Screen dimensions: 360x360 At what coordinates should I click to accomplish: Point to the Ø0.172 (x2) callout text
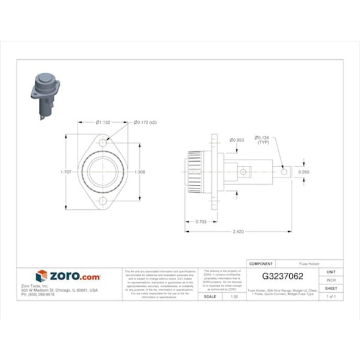click(147, 123)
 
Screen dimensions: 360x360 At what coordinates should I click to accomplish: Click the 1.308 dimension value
click(140, 172)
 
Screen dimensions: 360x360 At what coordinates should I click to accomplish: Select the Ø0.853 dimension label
click(236, 140)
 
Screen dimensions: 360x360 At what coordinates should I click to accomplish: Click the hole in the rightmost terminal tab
click(283, 172)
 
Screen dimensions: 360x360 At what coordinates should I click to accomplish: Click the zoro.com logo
click(68, 276)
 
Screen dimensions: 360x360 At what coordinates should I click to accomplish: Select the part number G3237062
click(278, 276)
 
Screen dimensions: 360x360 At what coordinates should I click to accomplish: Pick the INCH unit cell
click(331, 279)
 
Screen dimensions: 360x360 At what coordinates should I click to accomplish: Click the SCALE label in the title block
click(209, 296)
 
